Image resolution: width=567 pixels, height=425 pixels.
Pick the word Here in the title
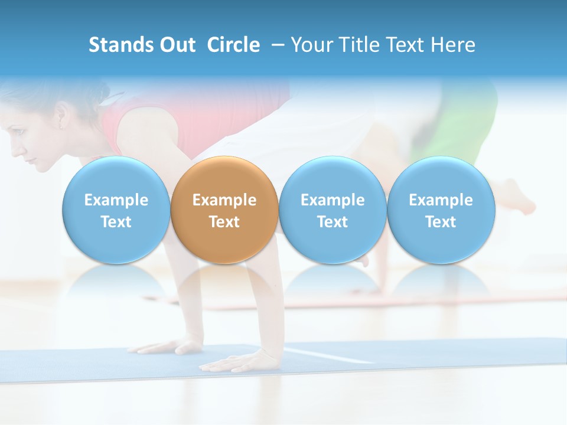point(452,45)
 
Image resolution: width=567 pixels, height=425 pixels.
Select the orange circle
point(224,210)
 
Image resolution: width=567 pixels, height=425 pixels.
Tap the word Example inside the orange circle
point(224,200)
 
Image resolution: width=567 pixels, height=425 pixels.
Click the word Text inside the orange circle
point(224,222)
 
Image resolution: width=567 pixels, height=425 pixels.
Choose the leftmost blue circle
point(116,210)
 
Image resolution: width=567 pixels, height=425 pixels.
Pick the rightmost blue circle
point(441,210)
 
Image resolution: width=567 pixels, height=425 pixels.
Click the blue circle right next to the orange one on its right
point(333,210)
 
